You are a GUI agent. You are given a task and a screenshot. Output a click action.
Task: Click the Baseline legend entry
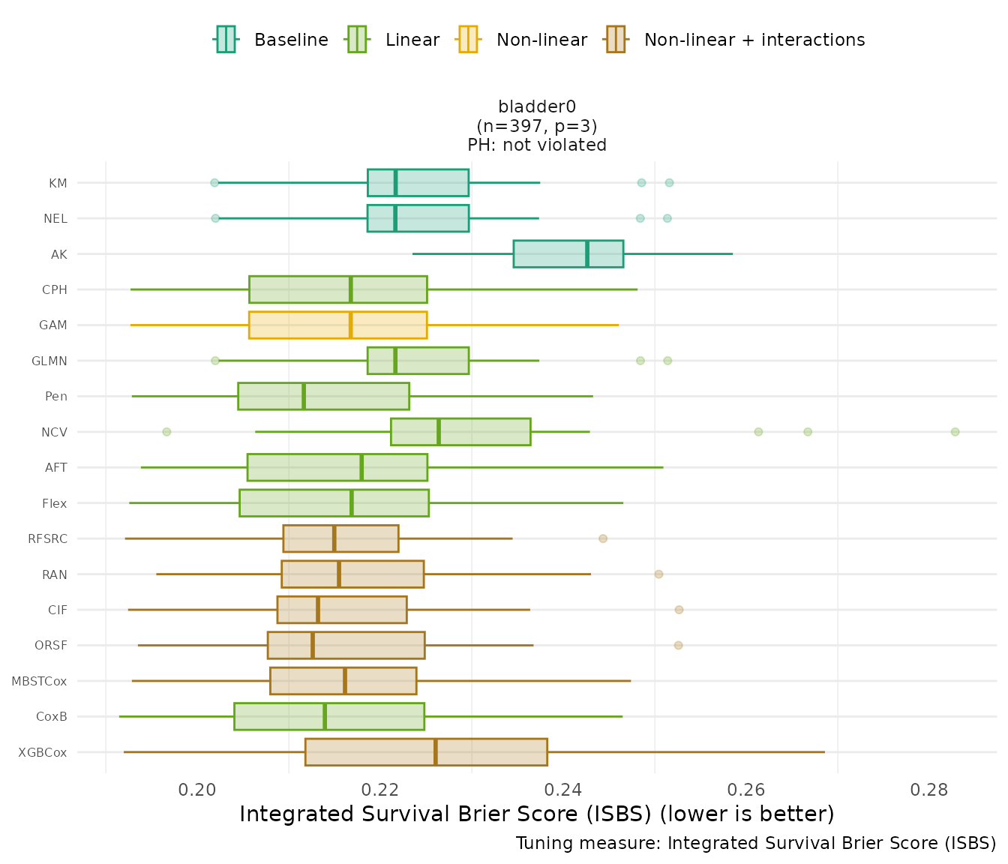(271, 40)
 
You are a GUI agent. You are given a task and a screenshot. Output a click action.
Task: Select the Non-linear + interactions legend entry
(735, 40)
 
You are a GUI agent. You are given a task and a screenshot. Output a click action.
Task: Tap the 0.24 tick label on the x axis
(563, 790)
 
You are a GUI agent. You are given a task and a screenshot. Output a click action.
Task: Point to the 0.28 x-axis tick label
(929, 790)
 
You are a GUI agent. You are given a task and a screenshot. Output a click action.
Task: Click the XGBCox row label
(43, 752)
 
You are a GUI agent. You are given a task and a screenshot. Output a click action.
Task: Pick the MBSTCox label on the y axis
(39, 681)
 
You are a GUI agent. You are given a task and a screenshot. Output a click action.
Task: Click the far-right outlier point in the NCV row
(955, 432)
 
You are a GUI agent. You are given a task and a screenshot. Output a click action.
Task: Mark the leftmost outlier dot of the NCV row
(166, 432)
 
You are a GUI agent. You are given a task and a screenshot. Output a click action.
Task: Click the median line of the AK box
(587, 253)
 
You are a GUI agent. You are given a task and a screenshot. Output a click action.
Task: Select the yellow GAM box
(337, 325)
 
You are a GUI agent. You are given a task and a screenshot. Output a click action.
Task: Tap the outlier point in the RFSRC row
(603, 538)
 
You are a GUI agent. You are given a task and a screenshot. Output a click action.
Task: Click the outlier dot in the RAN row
(658, 574)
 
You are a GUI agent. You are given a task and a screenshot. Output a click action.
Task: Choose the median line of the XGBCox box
(436, 752)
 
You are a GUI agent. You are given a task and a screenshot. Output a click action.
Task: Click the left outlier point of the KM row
(214, 183)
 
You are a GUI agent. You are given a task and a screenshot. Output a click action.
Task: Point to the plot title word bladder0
(537, 107)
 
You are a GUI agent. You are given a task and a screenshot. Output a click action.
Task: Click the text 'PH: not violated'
(537, 145)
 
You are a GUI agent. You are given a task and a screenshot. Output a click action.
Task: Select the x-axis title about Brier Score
(537, 814)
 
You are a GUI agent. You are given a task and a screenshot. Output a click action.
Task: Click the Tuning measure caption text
(756, 843)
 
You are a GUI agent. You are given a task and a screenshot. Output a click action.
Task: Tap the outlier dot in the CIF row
(679, 610)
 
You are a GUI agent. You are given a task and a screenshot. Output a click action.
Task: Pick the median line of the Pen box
(304, 396)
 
